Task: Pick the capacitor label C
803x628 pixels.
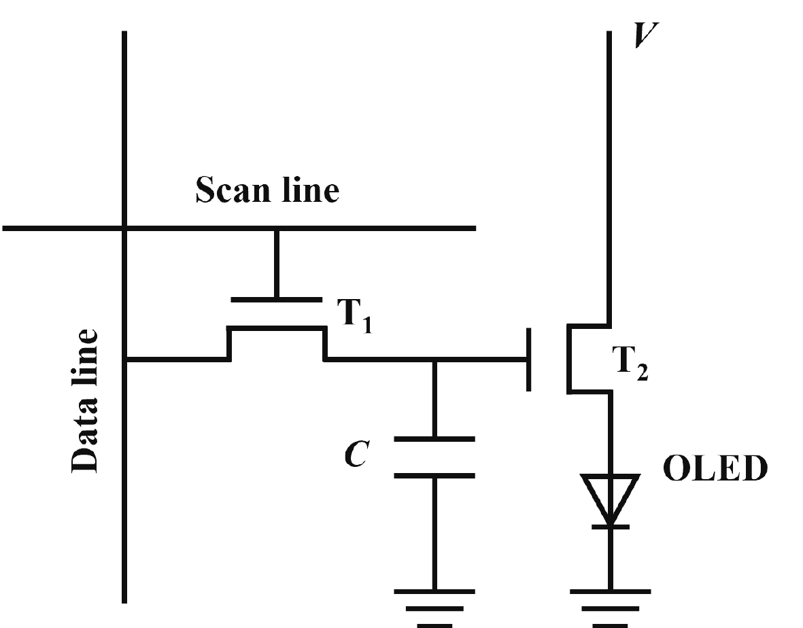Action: [357, 455]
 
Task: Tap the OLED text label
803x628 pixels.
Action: [714, 469]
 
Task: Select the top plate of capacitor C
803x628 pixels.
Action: [434, 440]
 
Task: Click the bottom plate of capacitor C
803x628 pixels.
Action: [434, 476]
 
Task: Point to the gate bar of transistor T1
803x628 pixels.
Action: [276, 299]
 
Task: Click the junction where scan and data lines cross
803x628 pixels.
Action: [124, 228]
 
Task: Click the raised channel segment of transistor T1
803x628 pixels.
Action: [276, 329]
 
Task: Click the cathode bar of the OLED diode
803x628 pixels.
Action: [610, 525]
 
